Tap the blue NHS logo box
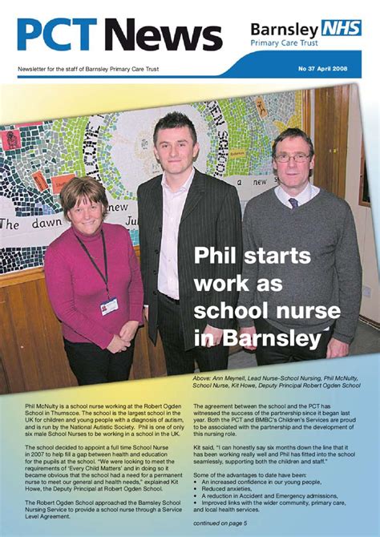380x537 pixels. tap(341, 29)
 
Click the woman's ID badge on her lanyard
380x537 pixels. tap(109, 305)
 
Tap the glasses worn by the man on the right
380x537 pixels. tap(293, 158)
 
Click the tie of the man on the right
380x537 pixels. tap(293, 203)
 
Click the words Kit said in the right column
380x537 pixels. tap(206, 450)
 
